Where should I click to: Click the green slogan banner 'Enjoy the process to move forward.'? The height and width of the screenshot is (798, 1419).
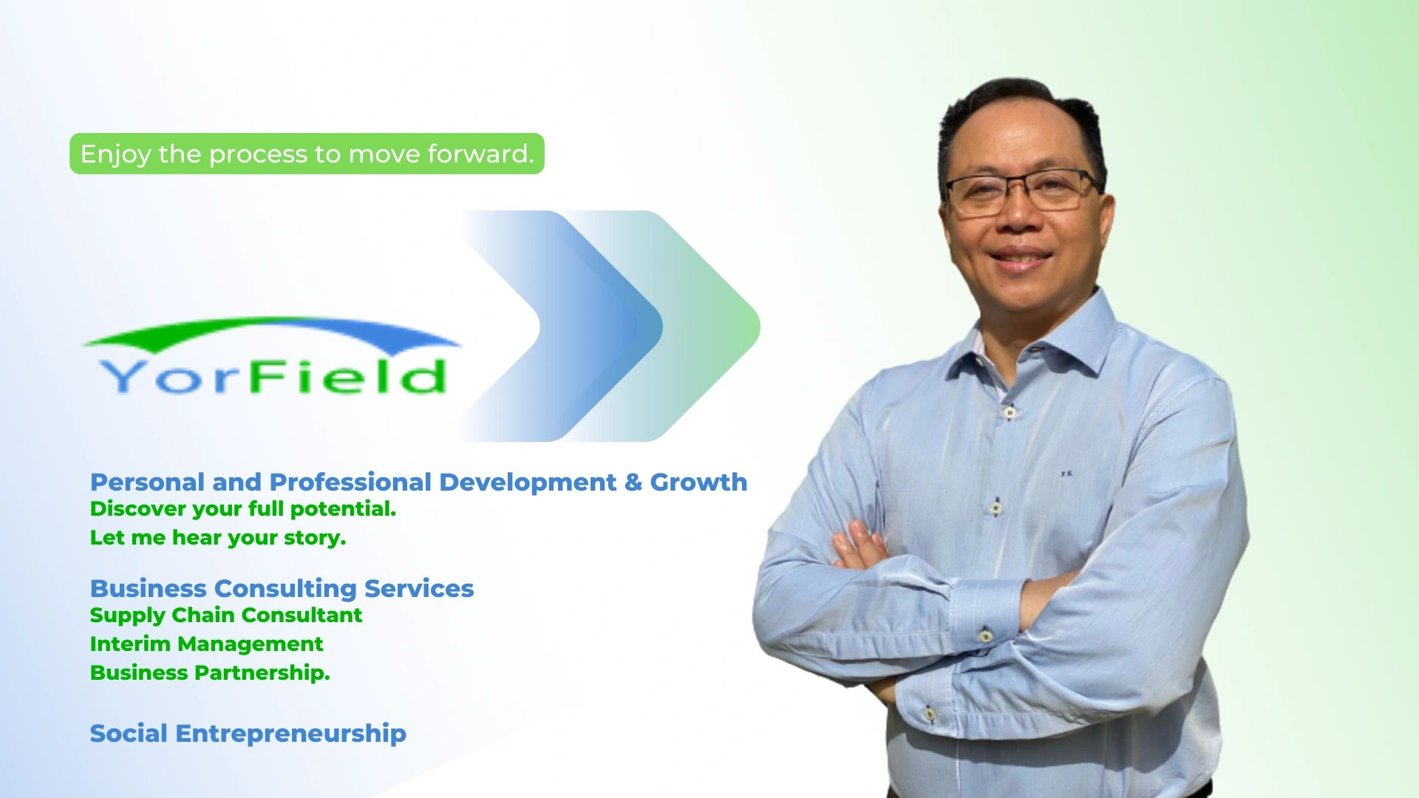point(307,154)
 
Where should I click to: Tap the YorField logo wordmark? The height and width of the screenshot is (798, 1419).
point(273,376)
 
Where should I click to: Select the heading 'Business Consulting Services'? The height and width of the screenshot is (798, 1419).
point(282,588)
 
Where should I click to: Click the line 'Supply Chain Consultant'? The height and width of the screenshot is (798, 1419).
point(226,615)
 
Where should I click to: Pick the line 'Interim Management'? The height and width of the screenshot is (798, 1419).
point(206,644)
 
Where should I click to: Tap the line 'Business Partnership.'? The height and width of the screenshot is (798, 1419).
point(210,672)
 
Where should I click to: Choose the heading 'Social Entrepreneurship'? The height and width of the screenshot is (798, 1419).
point(248,733)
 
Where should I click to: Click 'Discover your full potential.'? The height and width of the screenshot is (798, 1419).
point(243,508)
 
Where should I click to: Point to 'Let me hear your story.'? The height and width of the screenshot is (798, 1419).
point(218,537)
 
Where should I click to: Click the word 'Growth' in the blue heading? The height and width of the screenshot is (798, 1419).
point(698,482)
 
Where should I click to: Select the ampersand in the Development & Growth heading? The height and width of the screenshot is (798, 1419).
point(633,482)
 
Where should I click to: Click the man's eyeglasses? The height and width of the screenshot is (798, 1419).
point(1023,191)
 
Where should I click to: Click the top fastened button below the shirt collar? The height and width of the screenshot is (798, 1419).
point(1009,412)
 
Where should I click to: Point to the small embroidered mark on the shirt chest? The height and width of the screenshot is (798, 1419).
point(1066,474)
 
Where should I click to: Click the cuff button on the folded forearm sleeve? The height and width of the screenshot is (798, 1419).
point(985,636)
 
